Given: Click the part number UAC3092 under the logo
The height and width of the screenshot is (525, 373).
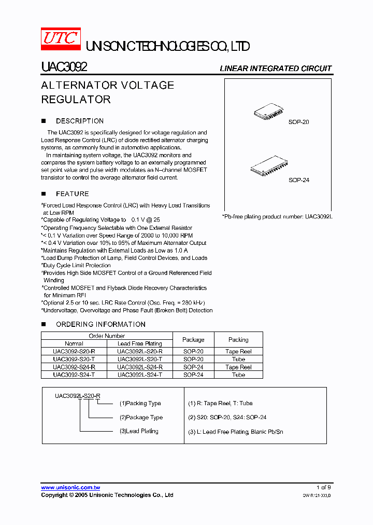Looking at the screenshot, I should click(x=64, y=67).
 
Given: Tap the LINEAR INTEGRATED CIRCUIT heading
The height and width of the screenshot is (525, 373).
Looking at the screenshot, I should click(x=276, y=68).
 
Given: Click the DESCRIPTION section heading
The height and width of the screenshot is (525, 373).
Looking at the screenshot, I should click(x=79, y=121).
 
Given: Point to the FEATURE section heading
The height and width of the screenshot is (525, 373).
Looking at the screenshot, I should click(x=72, y=194).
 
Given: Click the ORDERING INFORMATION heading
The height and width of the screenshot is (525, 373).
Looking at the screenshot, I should click(x=101, y=324).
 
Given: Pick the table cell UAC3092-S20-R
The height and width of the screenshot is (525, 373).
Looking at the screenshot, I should click(x=74, y=351).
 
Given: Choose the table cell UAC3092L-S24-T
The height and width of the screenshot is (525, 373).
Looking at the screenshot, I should click(x=139, y=375).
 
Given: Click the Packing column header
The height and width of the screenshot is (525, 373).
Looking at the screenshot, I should click(x=238, y=340).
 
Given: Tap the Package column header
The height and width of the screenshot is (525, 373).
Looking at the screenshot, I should click(x=193, y=340).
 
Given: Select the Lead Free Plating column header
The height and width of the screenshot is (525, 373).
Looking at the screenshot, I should click(x=139, y=343).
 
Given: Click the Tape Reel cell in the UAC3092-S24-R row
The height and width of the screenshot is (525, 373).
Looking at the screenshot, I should click(x=238, y=367).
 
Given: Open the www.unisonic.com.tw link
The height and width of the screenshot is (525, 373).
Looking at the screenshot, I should click(x=70, y=488).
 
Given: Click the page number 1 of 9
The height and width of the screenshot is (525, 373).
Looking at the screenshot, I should click(x=323, y=488).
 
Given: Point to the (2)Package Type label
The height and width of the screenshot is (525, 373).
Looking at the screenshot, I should click(x=141, y=417).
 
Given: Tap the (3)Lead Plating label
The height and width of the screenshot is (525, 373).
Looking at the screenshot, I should click(x=139, y=431).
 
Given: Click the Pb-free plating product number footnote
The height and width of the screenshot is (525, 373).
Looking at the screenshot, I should click(x=277, y=216).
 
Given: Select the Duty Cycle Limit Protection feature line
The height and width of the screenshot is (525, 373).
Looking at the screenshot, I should click(x=77, y=265).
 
